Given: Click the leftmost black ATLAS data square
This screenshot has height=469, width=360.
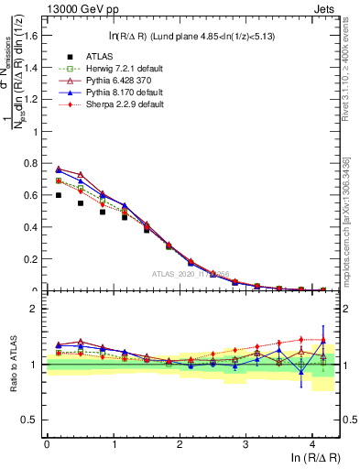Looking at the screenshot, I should point(59,195).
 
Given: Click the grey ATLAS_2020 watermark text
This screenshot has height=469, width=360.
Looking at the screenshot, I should point(189,273).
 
